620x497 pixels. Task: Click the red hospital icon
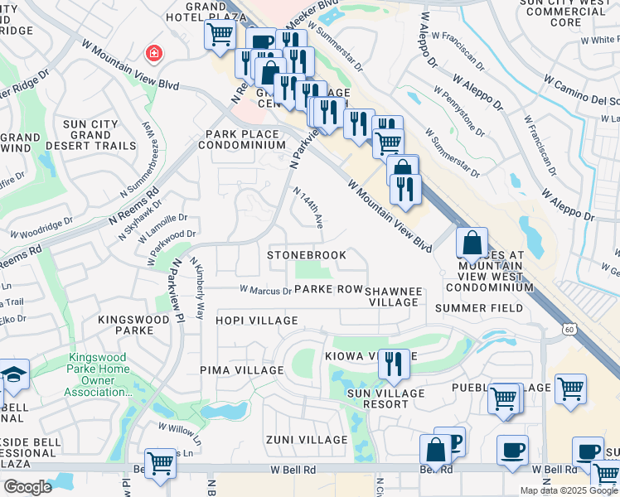pos(153,55)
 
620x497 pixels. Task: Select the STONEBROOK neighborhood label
pos(307,255)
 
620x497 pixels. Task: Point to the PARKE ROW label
pos(328,289)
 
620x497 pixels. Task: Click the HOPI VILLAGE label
pos(256,321)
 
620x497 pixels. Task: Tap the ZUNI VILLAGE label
pos(307,440)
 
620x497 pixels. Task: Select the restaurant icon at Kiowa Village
pos(392,364)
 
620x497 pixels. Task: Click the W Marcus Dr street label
pos(265,291)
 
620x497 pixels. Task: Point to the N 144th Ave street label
pos(308,206)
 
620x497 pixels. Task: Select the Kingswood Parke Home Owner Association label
pos(99,375)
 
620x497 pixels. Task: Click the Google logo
pos(28,487)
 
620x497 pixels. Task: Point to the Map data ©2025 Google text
pos(569,490)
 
